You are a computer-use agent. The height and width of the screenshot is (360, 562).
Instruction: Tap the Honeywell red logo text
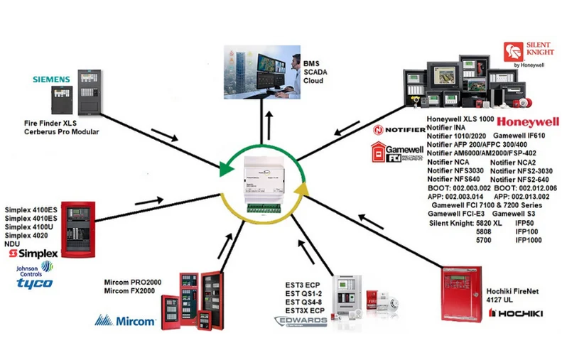point(528,121)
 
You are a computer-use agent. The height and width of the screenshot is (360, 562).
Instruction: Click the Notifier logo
point(399,130)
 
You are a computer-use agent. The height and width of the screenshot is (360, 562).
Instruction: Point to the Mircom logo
point(126,321)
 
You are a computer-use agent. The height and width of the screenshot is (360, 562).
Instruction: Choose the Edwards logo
point(301,322)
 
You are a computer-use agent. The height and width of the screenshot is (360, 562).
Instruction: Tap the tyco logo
point(35,283)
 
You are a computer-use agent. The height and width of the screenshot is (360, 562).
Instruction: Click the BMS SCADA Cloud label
point(313,72)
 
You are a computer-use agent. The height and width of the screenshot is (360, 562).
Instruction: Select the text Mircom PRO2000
point(132,282)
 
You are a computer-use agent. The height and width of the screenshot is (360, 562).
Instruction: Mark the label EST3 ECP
point(302,283)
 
